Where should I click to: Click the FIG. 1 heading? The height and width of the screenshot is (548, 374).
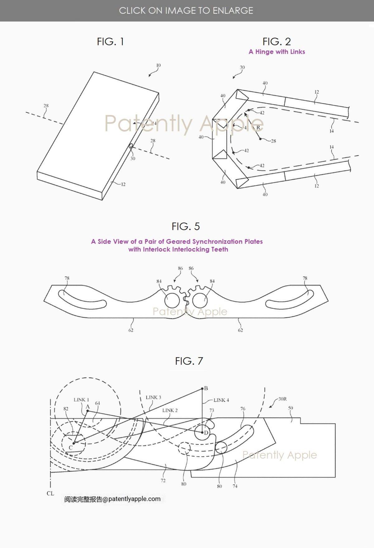pos(110,41)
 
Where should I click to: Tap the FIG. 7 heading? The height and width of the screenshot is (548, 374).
pos(189,361)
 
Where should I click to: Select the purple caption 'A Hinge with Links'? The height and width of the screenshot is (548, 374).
pos(277,52)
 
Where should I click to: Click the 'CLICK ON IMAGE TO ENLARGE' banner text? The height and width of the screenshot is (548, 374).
pos(186,11)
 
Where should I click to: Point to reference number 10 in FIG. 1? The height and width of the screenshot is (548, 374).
pos(158,65)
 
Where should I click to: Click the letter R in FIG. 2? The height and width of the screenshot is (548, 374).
pos(258,127)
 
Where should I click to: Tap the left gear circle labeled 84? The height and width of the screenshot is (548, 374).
pos(172,300)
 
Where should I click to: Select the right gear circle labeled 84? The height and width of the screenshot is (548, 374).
pos(200,300)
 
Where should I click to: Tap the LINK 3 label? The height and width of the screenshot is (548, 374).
pos(153,397)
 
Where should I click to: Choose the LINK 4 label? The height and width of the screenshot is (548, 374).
pos(221,400)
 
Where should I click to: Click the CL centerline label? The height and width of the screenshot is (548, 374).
pos(50,493)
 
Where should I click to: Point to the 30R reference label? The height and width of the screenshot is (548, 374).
pos(282,399)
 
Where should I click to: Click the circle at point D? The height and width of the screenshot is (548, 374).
pos(202,433)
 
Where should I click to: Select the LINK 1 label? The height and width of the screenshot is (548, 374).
pos(81,400)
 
